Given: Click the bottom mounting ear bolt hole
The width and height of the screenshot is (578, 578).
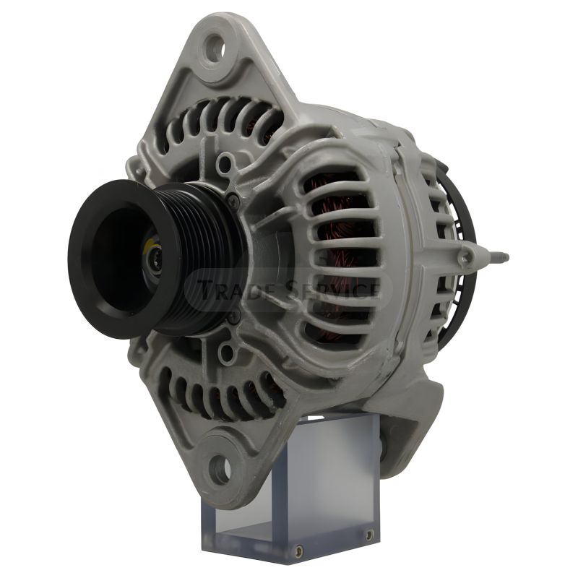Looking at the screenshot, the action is pyautogui.click(x=220, y=470).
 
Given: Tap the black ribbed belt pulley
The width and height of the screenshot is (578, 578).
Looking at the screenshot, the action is pyautogui.click(x=155, y=259).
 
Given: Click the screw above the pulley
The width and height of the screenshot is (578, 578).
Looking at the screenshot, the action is pyautogui.click(x=233, y=200).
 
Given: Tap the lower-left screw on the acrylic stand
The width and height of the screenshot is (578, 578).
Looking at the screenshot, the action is pyautogui.click(x=299, y=551).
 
